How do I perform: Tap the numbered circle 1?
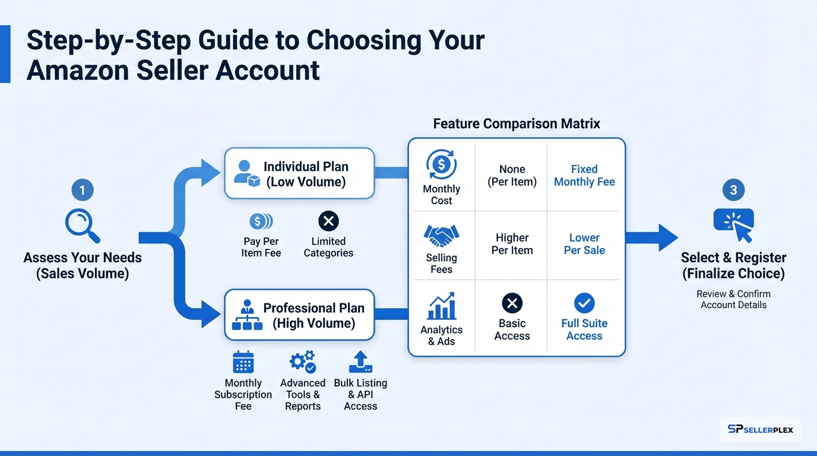tap(83, 190)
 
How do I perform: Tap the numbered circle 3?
tap(733, 190)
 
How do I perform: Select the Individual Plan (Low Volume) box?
tap(299, 173)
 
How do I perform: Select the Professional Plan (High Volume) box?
tap(299, 315)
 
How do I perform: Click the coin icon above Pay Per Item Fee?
tap(261, 221)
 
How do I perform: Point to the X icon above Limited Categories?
tap(328, 221)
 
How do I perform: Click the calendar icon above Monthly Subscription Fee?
tap(243, 362)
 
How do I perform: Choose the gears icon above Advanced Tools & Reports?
tap(302, 362)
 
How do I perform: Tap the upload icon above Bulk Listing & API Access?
tap(360, 362)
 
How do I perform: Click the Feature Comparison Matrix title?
tap(517, 123)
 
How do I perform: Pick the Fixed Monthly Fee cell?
tap(584, 176)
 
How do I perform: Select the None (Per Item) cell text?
tap(512, 176)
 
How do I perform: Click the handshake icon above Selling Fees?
tap(441, 236)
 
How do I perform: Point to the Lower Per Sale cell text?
tap(584, 244)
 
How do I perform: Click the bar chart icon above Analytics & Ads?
tap(441, 306)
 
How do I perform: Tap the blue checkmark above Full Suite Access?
tap(584, 303)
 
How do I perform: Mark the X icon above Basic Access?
tap(512, 303)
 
